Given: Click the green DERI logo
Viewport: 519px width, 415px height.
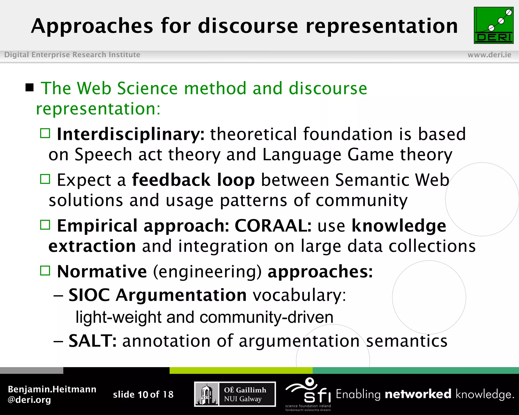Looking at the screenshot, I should tap(493, 25).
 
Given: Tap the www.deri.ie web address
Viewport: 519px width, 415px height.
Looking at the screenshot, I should tap(489, 55).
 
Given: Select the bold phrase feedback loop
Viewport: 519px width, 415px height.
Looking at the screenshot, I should tap(193, 180).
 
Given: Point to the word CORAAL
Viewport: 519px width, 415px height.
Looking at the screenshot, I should tap(273, 225).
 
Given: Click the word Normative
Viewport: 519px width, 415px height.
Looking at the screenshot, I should tap(102, 271).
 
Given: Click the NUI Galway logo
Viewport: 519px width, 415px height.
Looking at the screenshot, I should tap(235, 394).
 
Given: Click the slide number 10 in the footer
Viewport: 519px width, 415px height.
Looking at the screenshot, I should tap(143, 394).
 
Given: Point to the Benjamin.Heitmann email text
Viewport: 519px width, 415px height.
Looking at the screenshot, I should tap(52, 394).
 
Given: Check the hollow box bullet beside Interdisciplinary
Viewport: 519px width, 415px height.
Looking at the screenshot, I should tap(45, 133).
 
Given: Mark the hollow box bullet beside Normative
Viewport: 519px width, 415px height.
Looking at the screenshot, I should tap(45, 271).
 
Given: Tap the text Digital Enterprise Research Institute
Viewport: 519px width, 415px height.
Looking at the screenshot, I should tap(72, 55).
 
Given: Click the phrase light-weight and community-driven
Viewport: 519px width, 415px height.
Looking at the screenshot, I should tap(204, 317).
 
